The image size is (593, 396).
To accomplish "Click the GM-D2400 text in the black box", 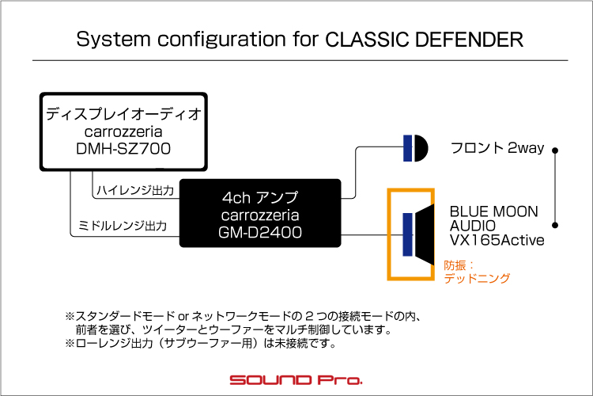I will pos(260,231).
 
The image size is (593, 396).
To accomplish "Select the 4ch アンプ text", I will pos(260,196).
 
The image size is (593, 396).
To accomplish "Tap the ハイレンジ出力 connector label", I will pos(136,190).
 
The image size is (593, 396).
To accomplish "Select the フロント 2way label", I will pos(497,148).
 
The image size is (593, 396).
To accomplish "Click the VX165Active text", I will pos(497,240).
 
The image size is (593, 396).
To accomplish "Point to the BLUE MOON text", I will pos(494,212).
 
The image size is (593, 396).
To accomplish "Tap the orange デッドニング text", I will pos(477,278).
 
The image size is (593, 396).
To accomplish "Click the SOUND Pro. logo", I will pos(296,380).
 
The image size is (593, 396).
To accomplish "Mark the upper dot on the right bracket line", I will pos(557,149).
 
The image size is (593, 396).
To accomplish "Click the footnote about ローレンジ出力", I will pos(201,344).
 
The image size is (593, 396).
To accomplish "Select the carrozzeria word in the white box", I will pos(123,131).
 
